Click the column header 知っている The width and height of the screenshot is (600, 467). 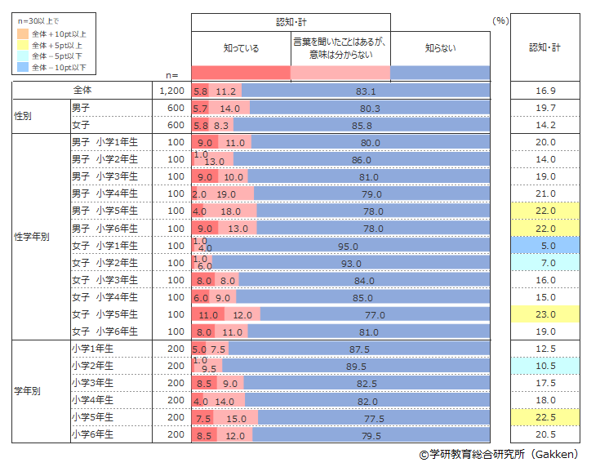241,48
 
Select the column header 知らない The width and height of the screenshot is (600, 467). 441,48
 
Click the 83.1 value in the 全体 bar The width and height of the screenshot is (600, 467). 367,91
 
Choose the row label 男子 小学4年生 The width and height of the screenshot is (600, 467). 104,193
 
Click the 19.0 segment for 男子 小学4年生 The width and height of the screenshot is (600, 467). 227,193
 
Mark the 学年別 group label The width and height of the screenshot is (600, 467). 28,391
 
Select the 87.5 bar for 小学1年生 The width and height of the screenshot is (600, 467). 358,349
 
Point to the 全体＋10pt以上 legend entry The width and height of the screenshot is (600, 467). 58,34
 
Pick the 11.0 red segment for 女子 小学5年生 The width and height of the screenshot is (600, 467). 209,314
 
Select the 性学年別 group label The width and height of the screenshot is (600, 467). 31,237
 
